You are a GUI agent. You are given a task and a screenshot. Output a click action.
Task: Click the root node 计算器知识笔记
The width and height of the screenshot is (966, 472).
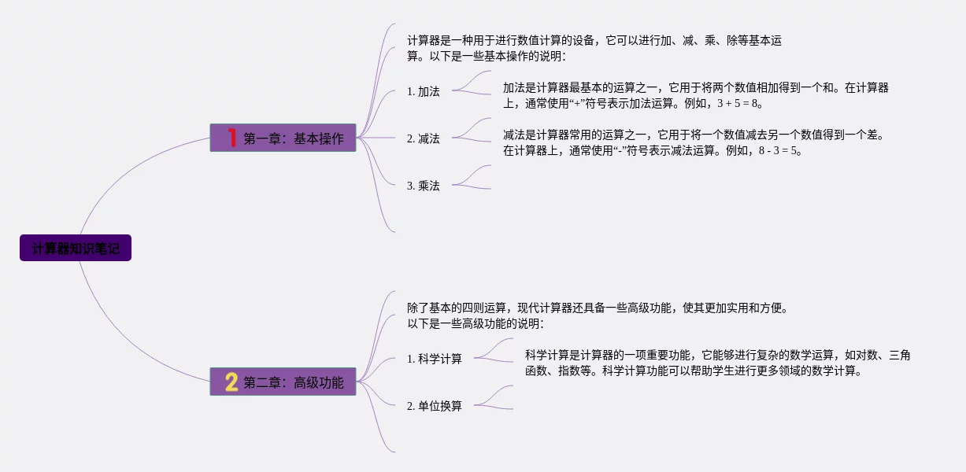coord(76,249)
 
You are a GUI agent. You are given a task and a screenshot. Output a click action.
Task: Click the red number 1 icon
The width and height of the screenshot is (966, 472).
coord(231,138)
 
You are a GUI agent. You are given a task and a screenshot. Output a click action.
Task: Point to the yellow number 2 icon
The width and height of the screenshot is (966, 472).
coord(231,382)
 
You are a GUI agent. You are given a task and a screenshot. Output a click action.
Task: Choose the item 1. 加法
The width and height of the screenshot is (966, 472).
coord(424,91)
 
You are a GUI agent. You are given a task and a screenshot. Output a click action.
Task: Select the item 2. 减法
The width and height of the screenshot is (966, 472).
coord(424,138)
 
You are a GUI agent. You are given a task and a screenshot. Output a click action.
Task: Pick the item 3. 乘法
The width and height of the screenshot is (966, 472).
coord(424,186)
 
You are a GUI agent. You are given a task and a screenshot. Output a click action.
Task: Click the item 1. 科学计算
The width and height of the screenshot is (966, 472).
coord(435,359)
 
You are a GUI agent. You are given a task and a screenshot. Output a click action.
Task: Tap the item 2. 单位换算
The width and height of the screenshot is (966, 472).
coord(435,406)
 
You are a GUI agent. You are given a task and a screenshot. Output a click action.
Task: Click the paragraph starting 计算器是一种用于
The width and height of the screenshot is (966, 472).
coord(594,48)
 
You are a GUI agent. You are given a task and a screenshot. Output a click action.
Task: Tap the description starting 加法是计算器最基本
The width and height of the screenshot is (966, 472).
coord(696,95)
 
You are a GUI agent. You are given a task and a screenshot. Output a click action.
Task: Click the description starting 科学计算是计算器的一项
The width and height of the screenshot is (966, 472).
coord(717,363)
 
